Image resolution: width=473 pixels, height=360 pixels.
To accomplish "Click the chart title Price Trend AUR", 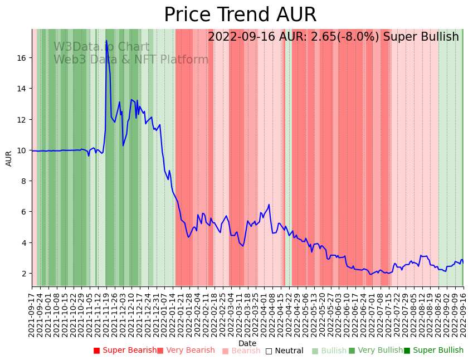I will point(240,15).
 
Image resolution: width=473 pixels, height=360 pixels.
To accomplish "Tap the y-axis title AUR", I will point(9,158).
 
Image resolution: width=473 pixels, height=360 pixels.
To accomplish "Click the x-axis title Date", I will point(247,343).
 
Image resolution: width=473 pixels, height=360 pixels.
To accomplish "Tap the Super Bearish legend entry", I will point(125,351).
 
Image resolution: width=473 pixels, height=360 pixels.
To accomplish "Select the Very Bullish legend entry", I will point(376,351).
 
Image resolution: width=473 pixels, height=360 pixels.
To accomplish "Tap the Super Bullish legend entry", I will point(433,351).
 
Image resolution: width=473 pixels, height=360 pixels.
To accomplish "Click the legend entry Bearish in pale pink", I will point(241,351).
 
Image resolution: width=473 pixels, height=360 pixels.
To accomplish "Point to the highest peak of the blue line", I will point(106,40).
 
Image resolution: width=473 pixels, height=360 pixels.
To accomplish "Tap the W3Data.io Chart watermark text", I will point(101,47).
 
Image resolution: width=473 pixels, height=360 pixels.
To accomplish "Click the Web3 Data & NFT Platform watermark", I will point(131,60).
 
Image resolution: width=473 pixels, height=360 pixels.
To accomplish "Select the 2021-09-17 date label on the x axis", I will point(32,312).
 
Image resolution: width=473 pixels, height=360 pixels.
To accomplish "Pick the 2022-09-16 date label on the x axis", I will point(463,312).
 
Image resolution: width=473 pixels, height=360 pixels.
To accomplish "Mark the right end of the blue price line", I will point(463,262).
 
